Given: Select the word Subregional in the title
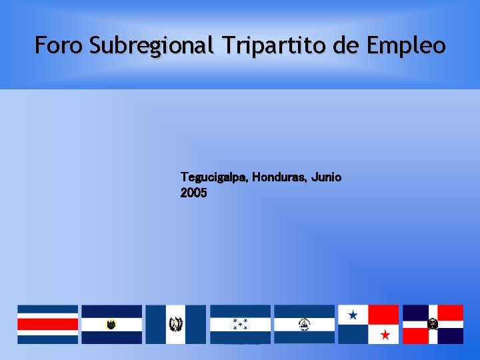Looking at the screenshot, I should coord(152,46).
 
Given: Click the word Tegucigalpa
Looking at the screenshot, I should coord(214,177).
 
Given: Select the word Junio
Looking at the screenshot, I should coord(326,177).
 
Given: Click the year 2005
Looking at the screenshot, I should coord(193,193).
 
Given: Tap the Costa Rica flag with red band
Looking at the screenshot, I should coord(47,324).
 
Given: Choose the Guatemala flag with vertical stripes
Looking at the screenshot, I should coord(176,324).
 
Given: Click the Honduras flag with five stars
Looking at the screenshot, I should coord(240,324).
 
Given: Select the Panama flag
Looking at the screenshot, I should coord(368,324).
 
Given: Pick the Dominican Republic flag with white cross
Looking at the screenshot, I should coord(433,324).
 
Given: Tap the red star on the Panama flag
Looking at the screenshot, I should coord(384,333).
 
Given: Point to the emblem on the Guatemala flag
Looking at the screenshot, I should coord(176,324).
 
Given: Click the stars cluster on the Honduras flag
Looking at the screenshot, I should coord(240,325).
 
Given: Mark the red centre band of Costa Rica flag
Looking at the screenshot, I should coord(47,325).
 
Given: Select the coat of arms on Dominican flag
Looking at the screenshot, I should coord(433,324).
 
